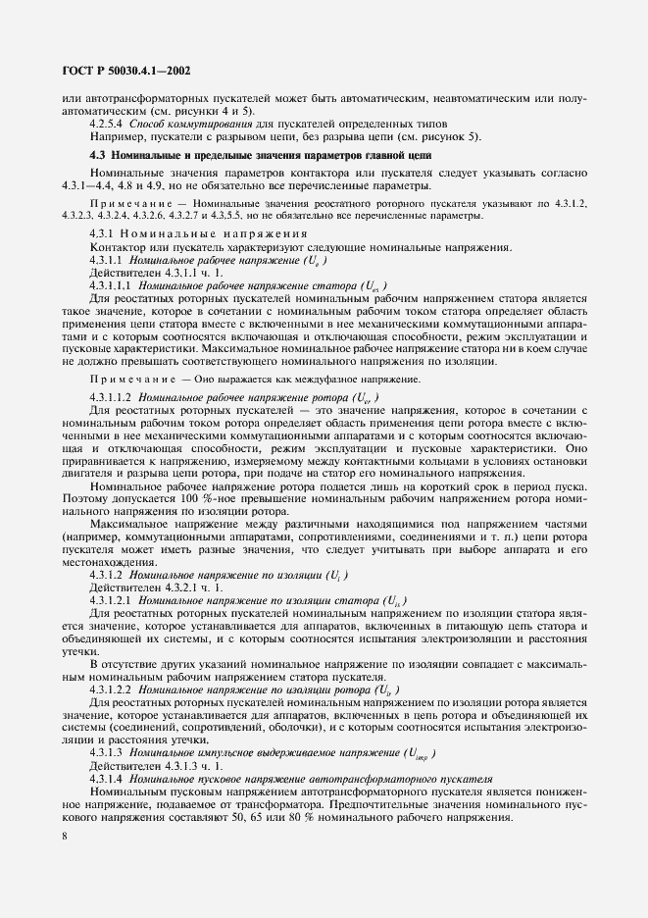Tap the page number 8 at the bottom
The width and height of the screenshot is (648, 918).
pos(65,836)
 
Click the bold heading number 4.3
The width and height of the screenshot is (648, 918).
pos(97,156)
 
